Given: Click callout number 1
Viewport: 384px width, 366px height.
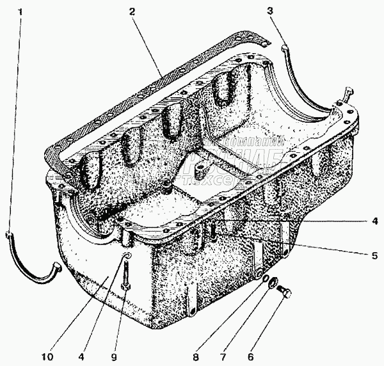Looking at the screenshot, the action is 23,12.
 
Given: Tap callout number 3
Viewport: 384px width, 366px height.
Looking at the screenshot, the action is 270,12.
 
